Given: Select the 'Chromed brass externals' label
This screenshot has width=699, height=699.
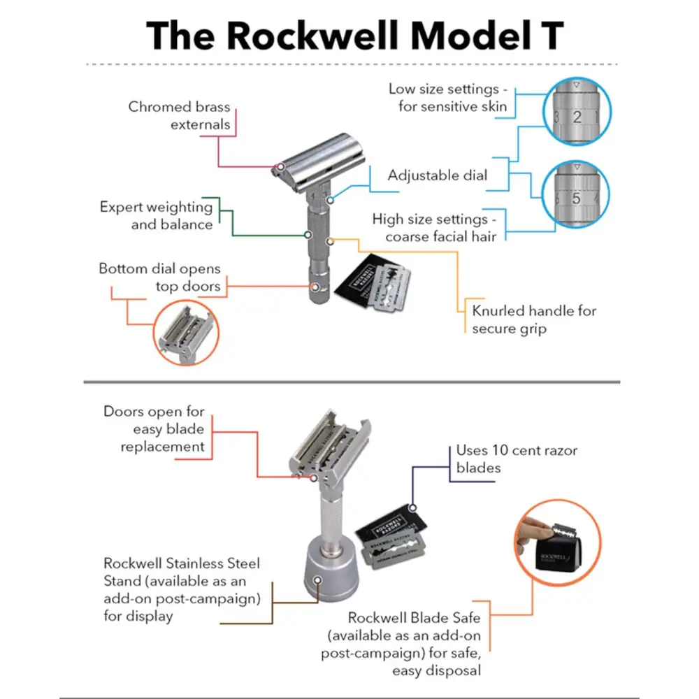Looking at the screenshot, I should [179, 116].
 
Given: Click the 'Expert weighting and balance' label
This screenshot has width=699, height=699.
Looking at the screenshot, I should [156, 215].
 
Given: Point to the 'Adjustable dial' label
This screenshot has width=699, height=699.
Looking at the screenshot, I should [438, 175].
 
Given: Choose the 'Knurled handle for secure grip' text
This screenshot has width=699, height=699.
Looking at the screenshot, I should [534, 319].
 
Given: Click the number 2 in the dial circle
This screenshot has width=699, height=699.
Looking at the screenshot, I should [577, 117].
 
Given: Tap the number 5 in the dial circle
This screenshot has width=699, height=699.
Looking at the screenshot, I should [577, 199].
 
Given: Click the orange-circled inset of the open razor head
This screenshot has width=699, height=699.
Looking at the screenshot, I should [185, 333].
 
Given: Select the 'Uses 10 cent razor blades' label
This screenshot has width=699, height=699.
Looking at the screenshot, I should [517, 459].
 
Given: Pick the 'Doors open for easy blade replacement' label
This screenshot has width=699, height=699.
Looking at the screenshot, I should [154, 428].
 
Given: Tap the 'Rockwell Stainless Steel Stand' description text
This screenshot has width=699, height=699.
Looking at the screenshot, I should [182, 589].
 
